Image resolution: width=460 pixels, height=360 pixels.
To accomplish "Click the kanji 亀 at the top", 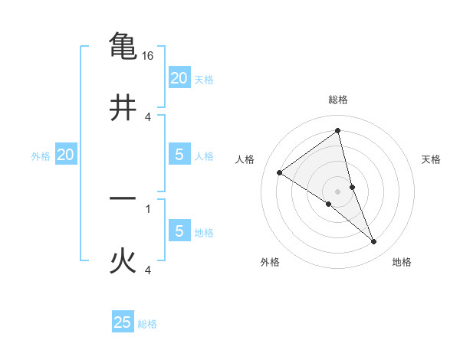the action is coord(123,45).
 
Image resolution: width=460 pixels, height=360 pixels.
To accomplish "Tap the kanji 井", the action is coord(123,107).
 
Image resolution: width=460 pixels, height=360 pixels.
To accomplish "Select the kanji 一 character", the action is coord(123,199).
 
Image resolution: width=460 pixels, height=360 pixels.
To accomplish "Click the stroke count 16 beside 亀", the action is coord(149,56).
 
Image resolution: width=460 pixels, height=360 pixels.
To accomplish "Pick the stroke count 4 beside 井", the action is coord(148,117).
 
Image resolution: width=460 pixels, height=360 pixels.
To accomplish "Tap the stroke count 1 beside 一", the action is coord(148,208).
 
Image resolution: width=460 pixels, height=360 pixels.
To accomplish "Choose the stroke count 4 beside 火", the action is coord(148,270).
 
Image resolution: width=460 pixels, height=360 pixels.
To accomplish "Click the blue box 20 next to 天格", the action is coord(179,77).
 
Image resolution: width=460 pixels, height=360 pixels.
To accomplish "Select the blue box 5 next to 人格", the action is coord(179,154).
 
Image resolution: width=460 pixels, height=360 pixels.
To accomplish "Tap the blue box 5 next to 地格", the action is coord(179,231).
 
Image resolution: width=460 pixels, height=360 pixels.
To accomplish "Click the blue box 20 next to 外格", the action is coord(65,155).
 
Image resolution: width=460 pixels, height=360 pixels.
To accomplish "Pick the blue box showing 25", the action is coord(123,322).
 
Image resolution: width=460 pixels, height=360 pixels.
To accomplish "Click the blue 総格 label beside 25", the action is coord(147,324).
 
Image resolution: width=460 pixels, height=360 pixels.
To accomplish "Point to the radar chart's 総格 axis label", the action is coord(338,100).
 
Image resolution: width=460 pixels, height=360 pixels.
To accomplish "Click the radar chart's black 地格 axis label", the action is coord(402,262).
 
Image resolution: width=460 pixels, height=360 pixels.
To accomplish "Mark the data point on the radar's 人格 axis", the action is coord(280,172).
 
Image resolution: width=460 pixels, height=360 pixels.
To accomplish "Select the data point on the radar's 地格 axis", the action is coord(374,242).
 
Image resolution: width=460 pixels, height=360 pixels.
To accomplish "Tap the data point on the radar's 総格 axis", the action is coord(338,131).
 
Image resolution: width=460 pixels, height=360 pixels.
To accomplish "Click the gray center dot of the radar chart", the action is coord(338,191).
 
